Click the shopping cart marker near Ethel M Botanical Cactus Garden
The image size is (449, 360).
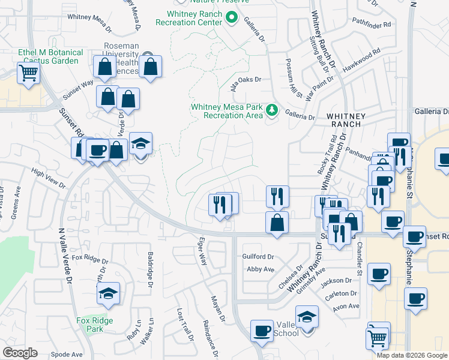click(x=28, y=74)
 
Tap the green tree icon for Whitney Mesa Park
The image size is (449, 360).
click(x=273, y=110)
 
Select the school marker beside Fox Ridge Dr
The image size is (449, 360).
click(x=108, y=294)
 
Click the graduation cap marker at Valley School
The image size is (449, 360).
click(x=307, y=317)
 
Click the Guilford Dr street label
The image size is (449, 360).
click(x=258, y=256)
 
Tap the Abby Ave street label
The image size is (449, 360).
click(x=261, y=269)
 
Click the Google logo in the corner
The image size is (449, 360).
click(x=20, y=352)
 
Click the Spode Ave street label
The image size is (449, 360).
click(x=67, y=354)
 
